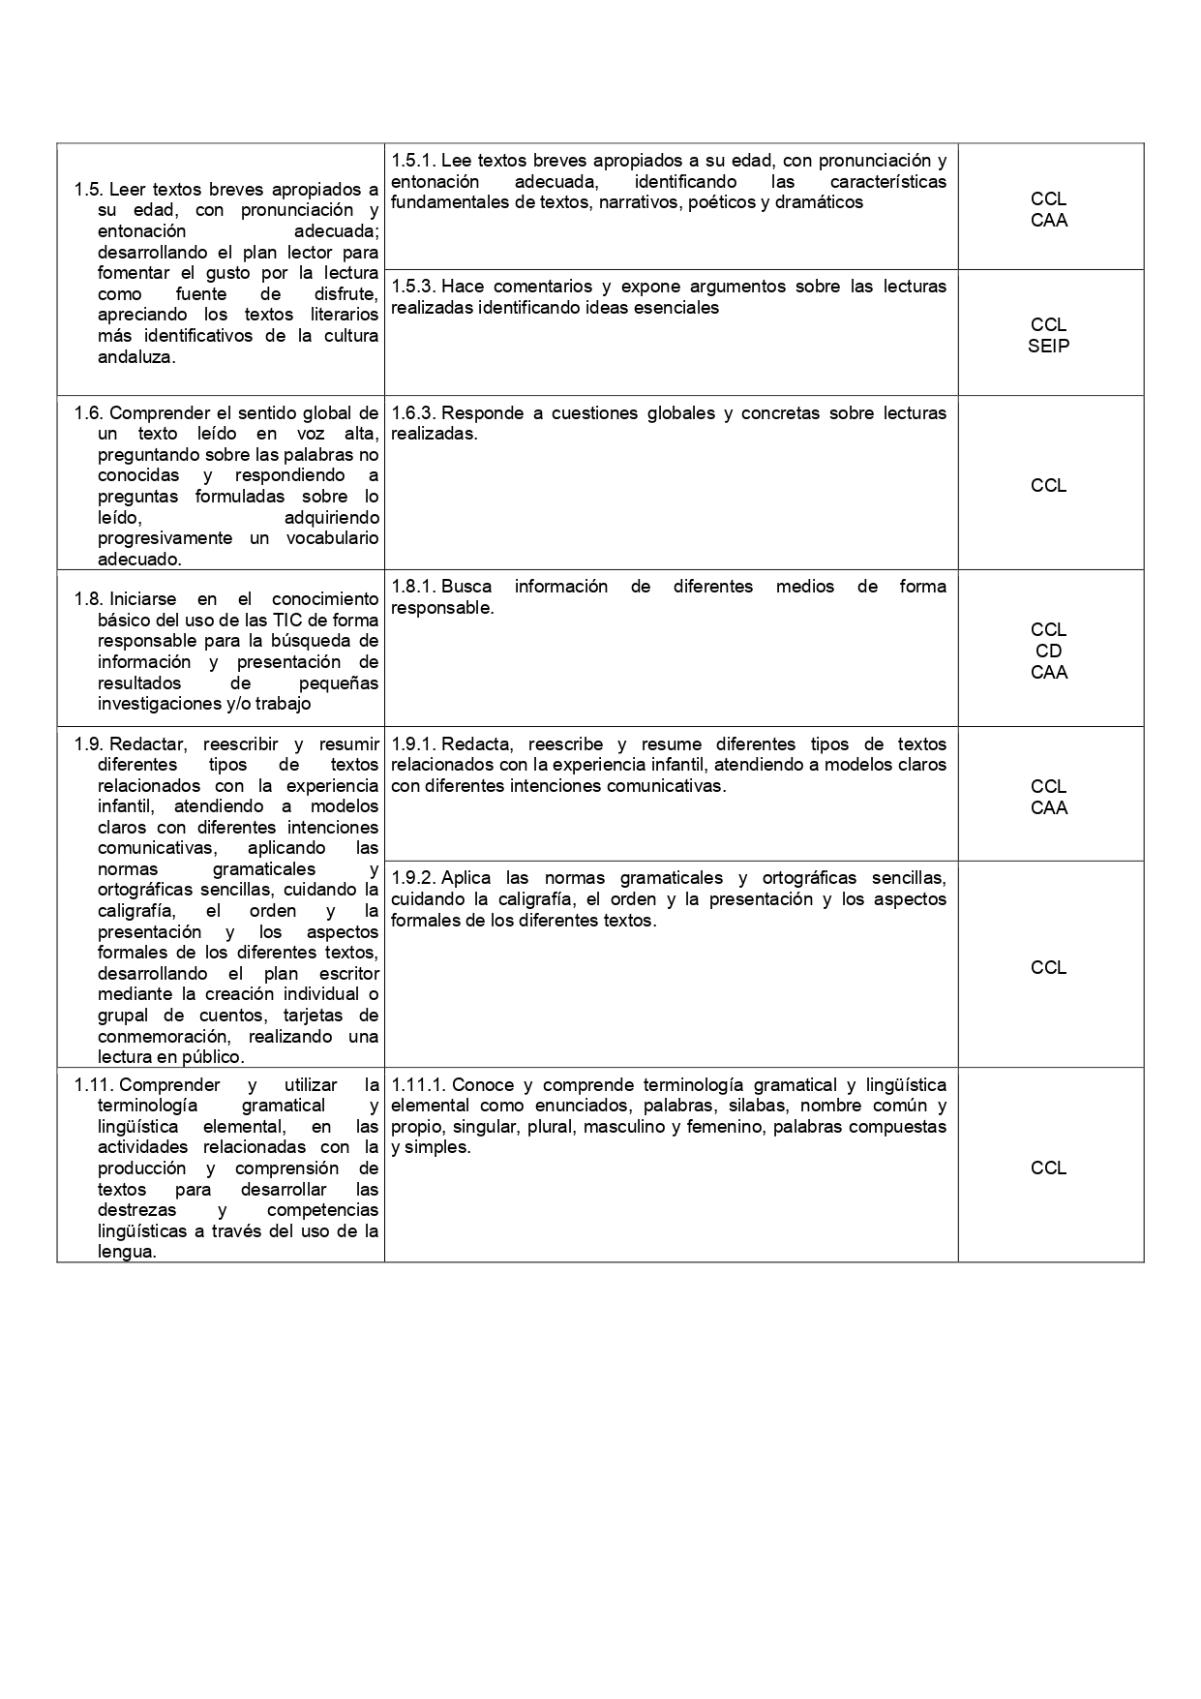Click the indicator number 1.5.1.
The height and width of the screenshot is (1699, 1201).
tap(413, 161)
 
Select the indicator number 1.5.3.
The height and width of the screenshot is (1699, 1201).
tap(413, 287)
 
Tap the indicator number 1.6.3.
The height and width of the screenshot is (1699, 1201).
tap(413, 413)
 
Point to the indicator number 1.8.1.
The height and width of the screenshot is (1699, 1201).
tap(413, 587)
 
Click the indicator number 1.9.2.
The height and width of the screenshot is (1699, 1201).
tap(413, 878)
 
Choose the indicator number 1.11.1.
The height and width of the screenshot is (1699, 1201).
tap(418, 1085)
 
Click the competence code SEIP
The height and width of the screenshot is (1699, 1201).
tap(1049, 346)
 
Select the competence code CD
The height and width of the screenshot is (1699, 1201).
tap(1049, 651)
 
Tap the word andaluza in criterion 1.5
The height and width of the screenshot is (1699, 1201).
tap(136, 357)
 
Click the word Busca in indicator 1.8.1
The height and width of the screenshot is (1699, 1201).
tap(466, 587)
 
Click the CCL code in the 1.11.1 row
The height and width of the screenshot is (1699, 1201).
tap(1049, 1168)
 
